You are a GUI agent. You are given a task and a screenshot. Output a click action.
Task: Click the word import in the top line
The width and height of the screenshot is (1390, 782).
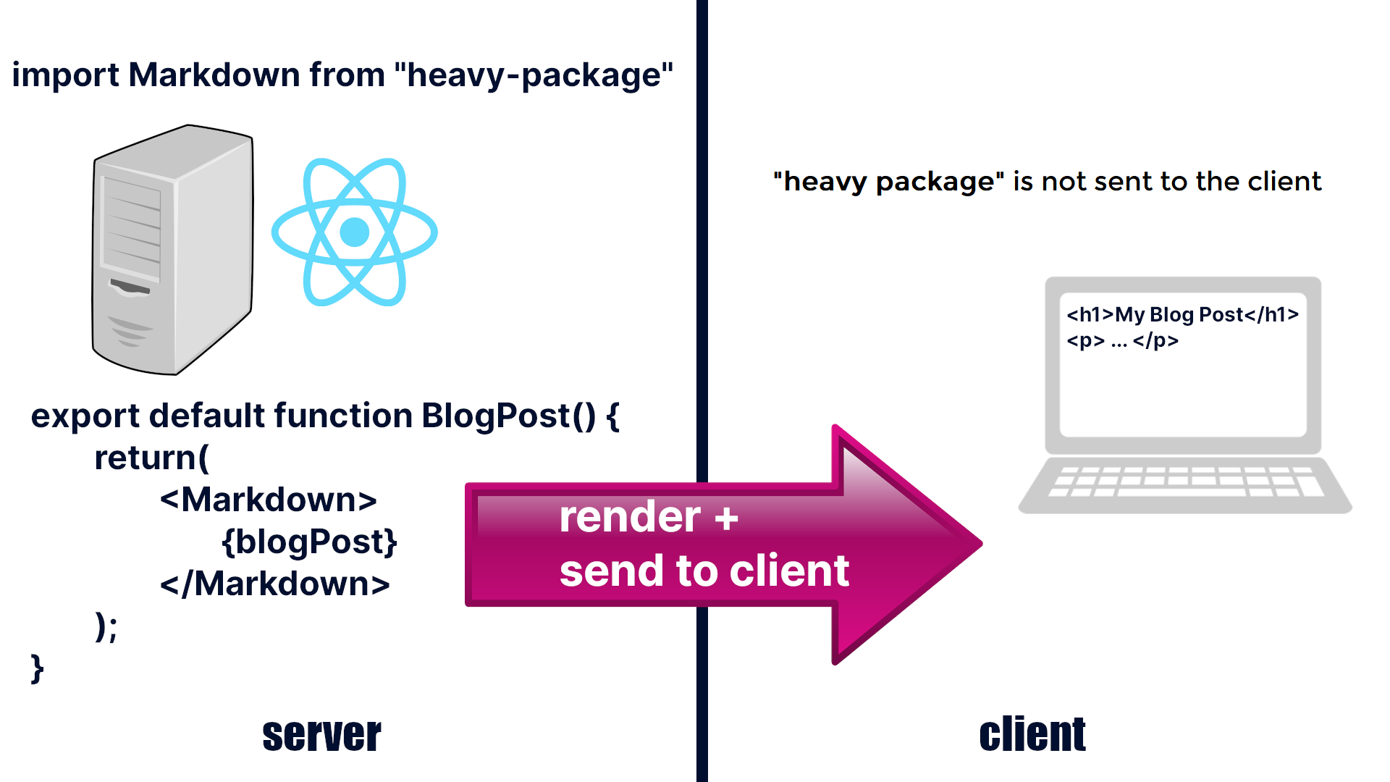click(65, 75)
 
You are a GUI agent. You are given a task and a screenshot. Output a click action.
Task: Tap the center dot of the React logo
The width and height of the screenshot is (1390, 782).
click(354, 232)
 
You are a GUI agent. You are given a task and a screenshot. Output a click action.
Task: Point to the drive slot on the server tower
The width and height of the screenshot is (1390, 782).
click(130, 287)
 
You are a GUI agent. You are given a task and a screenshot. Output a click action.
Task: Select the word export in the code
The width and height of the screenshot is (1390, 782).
click(85, 416)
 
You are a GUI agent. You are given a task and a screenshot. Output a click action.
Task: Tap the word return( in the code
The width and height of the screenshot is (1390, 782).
click(151, 458)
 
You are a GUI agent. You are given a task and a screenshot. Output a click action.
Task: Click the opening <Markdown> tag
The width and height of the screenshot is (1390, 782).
click(268, 500)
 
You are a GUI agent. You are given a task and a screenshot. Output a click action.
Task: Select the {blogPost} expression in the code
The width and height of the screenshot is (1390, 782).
click(309, 542)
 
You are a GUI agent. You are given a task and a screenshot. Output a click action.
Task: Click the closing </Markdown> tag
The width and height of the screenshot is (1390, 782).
click(274, 584)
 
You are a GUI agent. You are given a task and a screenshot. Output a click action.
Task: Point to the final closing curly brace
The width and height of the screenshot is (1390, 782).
click(37, 668)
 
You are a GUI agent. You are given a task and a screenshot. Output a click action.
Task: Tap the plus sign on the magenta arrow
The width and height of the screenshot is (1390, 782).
click(726, 518)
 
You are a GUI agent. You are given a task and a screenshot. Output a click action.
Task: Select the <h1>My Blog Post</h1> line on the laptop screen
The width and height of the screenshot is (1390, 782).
click(1182, 315)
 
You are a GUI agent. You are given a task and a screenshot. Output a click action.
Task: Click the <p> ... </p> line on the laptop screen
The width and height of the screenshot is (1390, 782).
click(1122, 340)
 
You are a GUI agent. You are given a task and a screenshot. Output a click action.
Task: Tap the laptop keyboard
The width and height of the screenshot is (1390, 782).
click(1185, 482)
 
